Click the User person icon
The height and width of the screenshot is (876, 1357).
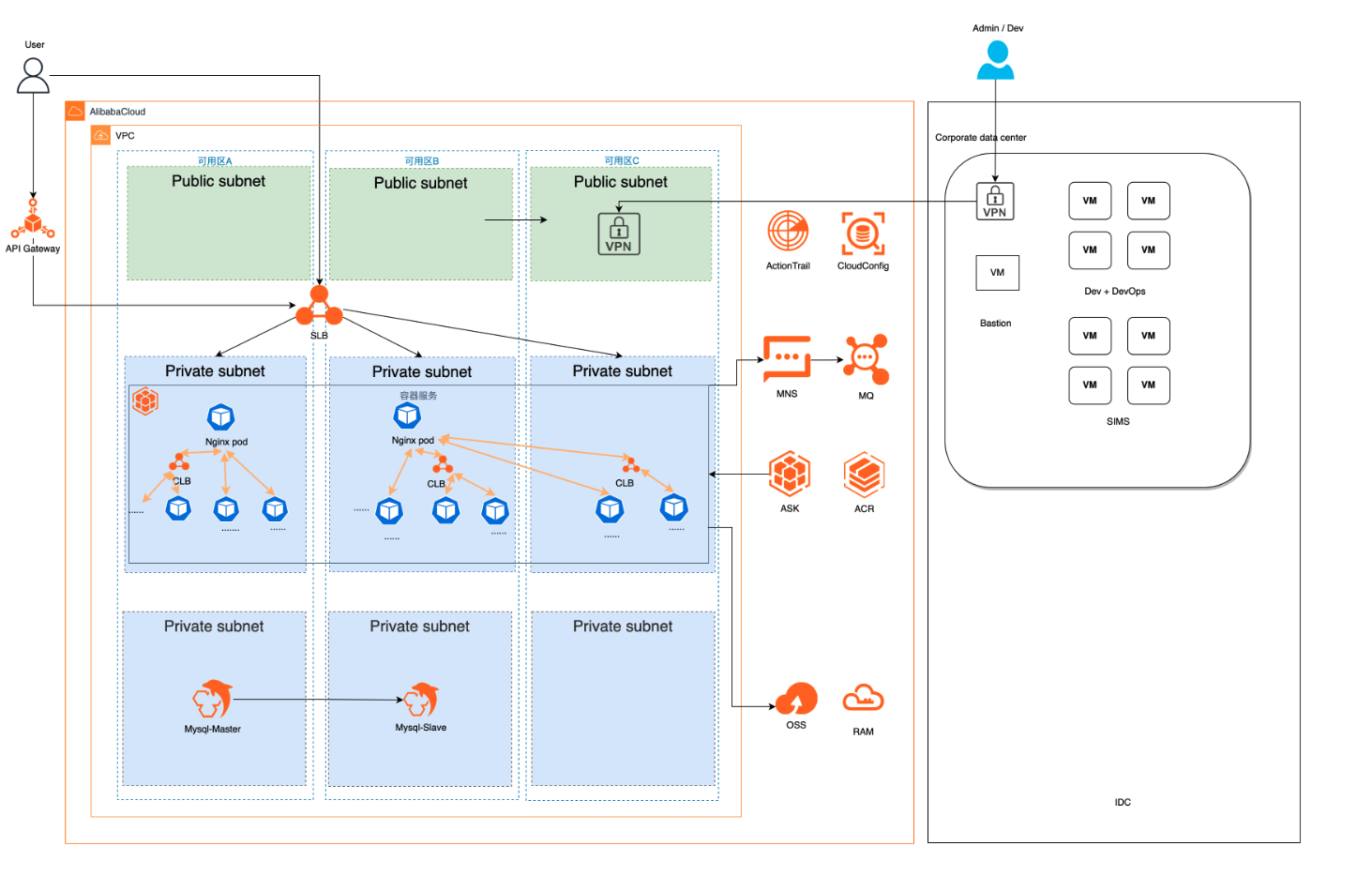(33, 75)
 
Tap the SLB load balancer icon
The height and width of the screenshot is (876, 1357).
(319, 307)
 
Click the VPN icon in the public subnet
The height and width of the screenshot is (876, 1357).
(619, 234)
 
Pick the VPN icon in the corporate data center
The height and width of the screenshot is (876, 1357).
(995, 201)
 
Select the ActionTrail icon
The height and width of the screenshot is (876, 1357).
(788, 232)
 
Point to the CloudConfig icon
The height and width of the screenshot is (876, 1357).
(863, 234)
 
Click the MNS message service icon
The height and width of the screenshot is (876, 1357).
(787, 358)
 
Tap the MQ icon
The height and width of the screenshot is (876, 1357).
(866, 359)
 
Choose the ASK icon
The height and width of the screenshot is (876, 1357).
(790, 474)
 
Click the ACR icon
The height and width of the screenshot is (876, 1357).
(864, 475)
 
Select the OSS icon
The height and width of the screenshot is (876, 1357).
(796, 699)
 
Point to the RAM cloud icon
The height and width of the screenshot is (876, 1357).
(863, 699)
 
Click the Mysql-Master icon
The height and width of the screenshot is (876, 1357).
(212, 700)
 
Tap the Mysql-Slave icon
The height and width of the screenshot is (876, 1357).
(421, 700)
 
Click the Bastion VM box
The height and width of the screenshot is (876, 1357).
(997, 273)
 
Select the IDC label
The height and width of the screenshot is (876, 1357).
(1123, 803)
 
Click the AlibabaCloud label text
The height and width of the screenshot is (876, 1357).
(117, 112)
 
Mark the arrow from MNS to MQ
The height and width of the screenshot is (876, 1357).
(826, 359)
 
